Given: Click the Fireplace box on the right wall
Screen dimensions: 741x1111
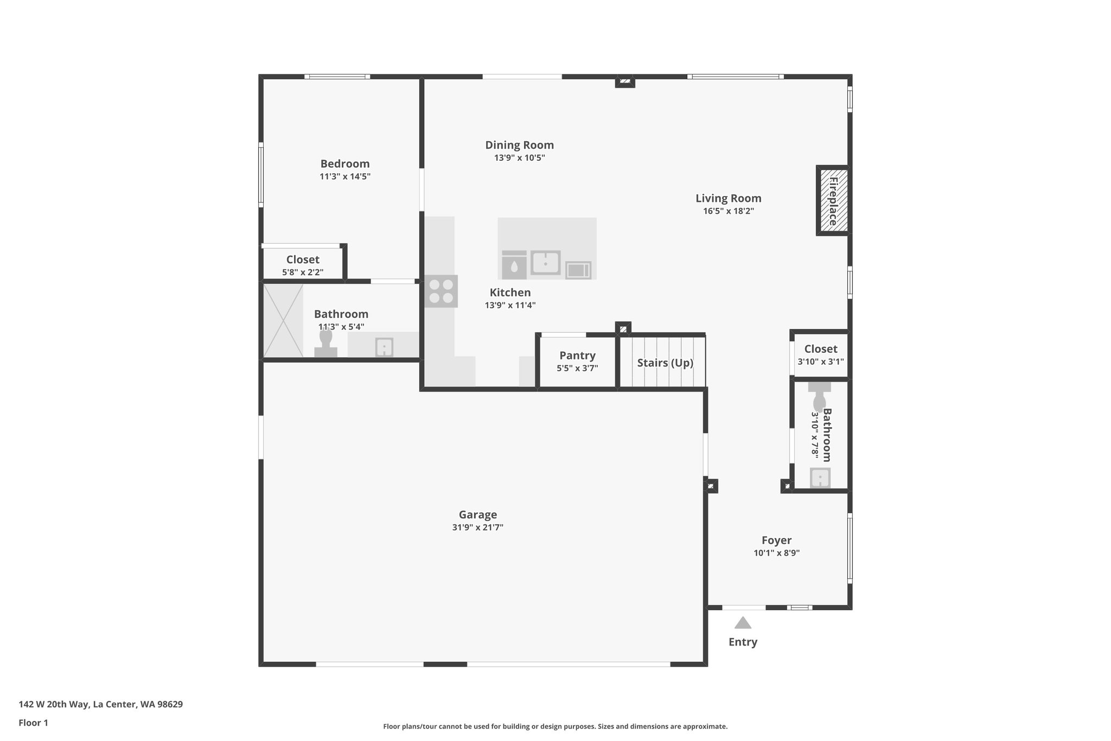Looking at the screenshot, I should point(833,200).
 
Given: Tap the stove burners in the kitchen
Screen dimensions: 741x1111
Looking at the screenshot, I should point(441,291).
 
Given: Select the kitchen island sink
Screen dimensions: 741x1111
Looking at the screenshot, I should point(545,263).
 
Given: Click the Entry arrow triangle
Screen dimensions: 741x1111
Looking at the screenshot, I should point(743,623).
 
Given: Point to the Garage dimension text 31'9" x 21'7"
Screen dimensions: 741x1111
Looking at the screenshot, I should point(477,527).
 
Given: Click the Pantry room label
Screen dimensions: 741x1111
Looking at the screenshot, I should point(577,356).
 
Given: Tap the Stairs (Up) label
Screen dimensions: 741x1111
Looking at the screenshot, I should point(665,363).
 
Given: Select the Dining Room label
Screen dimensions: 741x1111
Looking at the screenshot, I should point(519,145).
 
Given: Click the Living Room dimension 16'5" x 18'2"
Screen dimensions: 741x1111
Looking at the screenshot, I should point(728,211).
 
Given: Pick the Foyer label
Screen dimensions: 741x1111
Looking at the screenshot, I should point(776,540).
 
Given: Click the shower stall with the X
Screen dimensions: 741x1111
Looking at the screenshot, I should point(283,321).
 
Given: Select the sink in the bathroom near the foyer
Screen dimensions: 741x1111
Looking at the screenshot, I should point(820,478).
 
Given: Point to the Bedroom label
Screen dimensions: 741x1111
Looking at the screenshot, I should point(344,163).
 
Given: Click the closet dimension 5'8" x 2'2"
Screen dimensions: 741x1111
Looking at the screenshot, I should point(303,272).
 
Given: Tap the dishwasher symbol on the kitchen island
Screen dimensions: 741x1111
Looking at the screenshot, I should point(514,265).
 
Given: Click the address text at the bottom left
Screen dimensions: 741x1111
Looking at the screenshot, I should point(101,705).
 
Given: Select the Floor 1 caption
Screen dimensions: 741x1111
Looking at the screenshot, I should point(33,723).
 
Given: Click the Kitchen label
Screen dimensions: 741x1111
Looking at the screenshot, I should point(510,293).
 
